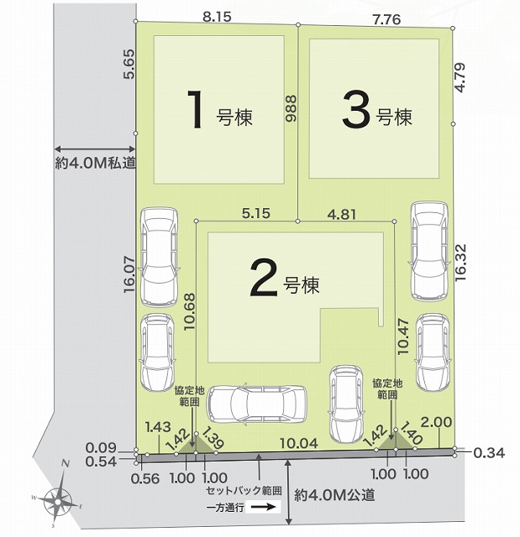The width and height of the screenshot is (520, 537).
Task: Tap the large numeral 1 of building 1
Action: tap(197, 108)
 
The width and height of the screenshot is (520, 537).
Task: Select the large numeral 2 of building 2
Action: tap(263, 277)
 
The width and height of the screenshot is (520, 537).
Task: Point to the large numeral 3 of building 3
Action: tap(356, 110)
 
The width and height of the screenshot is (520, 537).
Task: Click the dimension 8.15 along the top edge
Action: tap(217, 17)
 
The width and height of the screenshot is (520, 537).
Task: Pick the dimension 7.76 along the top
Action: tap(387, 19)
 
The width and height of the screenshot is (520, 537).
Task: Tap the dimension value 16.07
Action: tap(130, 274)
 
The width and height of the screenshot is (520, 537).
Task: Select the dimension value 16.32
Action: tap(460, 263)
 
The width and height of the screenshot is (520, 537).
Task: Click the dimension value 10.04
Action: tap(299, 443)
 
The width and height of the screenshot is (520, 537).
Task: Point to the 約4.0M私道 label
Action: tap(96, 163)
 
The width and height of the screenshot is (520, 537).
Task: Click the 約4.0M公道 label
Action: tap(334, 495)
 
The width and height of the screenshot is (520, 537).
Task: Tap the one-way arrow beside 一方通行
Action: tap(263, 507)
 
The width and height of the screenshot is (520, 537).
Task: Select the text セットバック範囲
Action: tap(244, 491)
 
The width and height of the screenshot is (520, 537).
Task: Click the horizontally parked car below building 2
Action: tap(257, 404)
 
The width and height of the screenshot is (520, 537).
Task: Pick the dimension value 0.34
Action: tap(489, 453)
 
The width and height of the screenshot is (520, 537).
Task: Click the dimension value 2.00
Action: tap(436, 422)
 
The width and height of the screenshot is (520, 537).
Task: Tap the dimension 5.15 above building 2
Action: tap(256, 213)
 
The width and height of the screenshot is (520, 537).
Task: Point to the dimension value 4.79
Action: tap(460, 77)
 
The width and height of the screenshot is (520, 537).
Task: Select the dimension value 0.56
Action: tap(145, 479)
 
